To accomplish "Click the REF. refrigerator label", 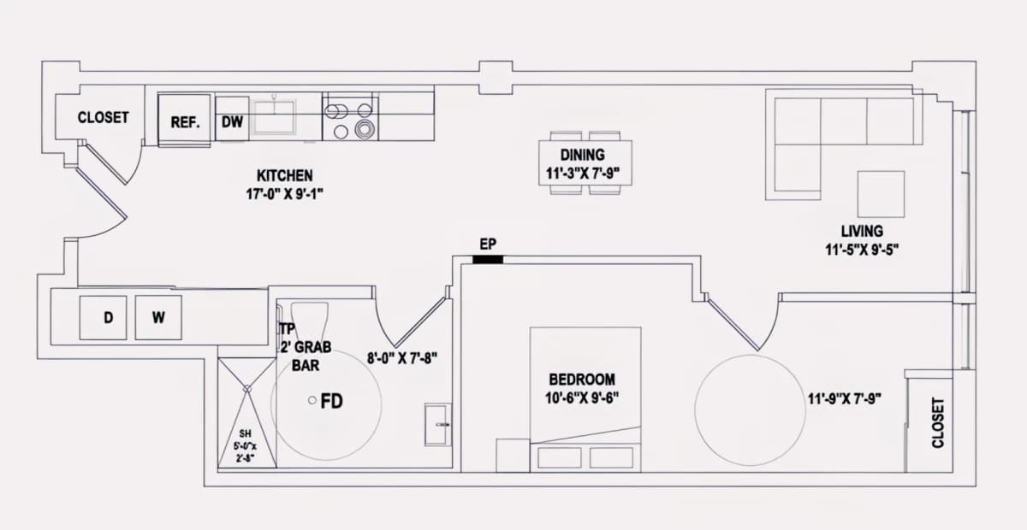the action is click(185, 122).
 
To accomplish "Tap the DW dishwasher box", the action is click(232, 119).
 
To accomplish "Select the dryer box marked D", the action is click(104, 317).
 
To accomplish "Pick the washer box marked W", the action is click(158, 317).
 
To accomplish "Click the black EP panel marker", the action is click(488, 260).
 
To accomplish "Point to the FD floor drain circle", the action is click(312, 400).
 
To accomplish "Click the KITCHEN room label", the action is click(285, 175).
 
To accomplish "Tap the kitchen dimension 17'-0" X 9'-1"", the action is click(285, 194).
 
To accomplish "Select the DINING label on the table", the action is click(583, 155).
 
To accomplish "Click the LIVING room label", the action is click(862, 231).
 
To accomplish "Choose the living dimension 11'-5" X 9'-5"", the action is click(862, 250).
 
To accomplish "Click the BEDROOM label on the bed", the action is click(582, 380).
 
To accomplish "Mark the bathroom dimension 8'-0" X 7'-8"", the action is click(402, 358).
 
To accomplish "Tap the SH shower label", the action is click(246, 433).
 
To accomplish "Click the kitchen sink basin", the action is click(275, 117).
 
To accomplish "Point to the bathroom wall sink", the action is click(437, 424).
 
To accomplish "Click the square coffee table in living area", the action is click(881, 194).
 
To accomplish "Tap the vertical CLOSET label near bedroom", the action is click(938, 423).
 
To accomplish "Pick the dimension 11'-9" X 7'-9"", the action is click(844, 399).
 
